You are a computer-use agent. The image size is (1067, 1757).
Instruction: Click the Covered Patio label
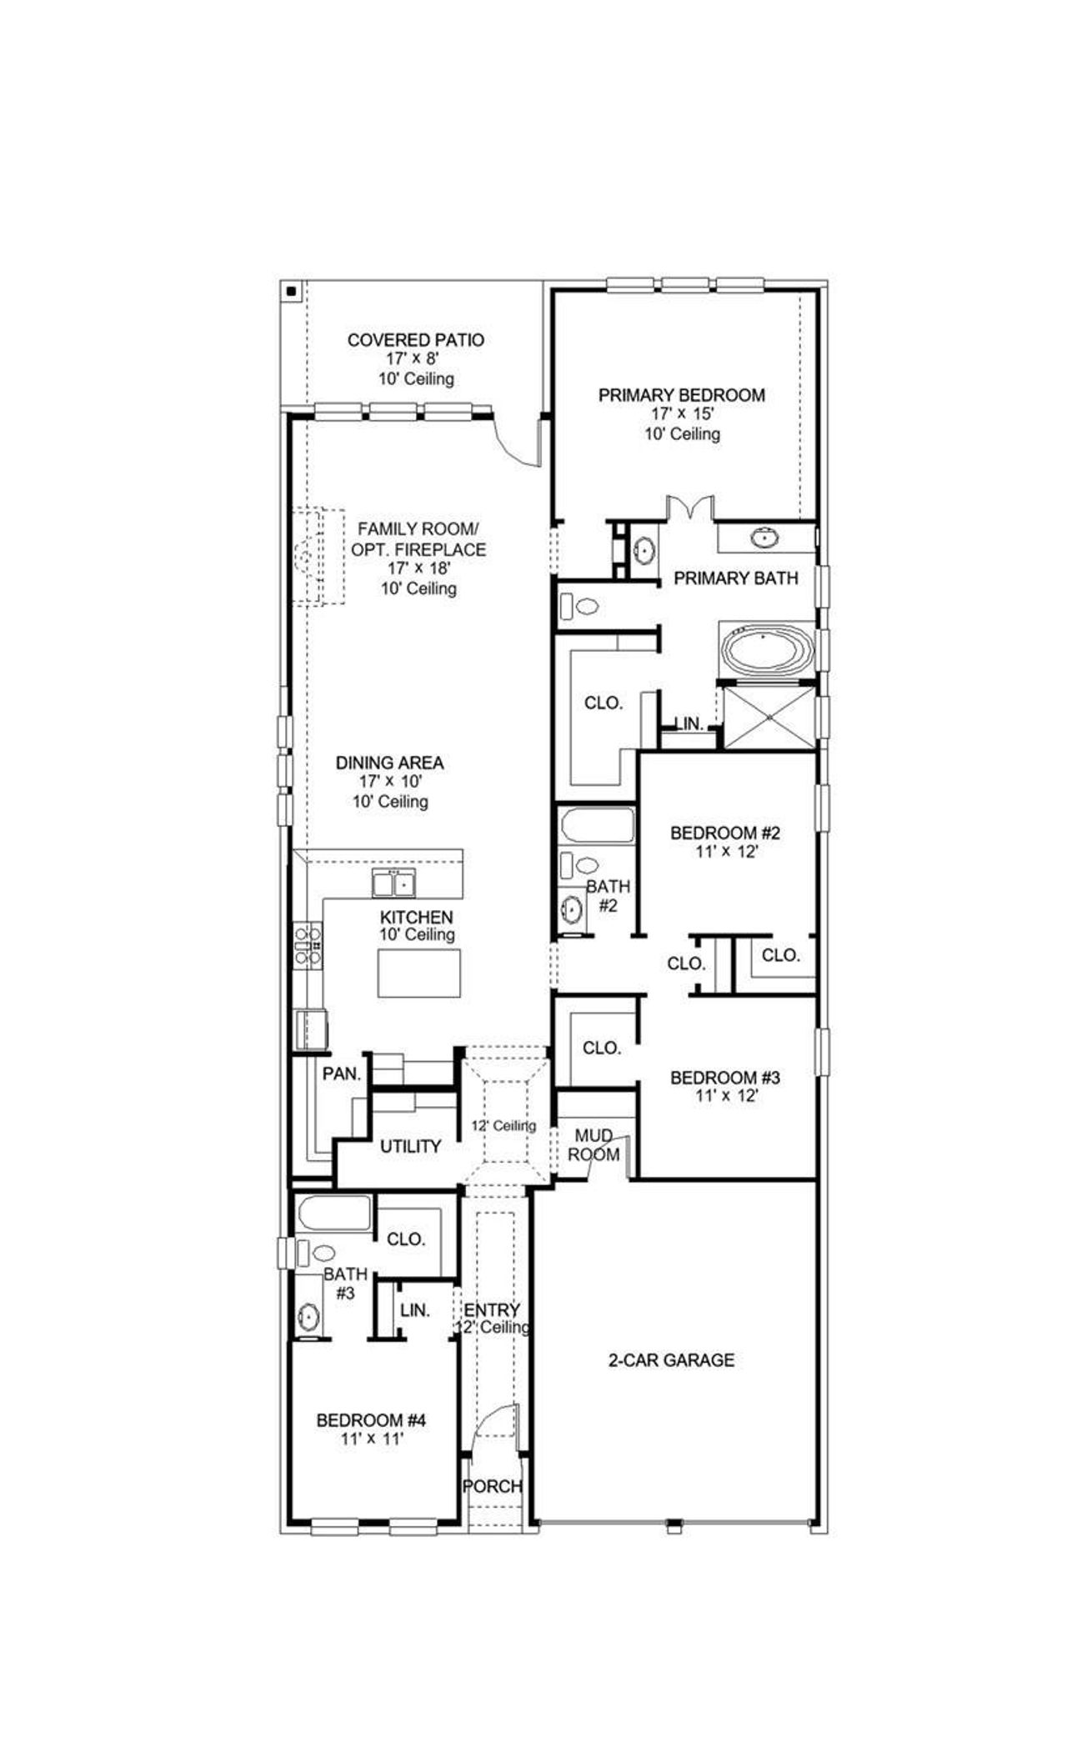click(415, 340)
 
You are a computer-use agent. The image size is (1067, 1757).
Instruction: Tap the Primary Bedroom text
click(681, 395)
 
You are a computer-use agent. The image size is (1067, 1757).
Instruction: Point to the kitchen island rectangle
click(418, 973)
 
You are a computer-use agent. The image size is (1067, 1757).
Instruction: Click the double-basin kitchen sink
click(393, 882)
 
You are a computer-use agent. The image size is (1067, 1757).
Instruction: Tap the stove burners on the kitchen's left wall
click(307, 945)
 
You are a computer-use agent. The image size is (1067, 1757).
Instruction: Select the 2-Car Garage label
click(671, 1360)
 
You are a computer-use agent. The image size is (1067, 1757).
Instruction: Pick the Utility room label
click(410, 1147)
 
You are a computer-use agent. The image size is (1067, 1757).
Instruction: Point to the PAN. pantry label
click(341, 1074)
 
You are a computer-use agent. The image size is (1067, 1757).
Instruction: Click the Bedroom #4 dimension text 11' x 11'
click(372, 1439)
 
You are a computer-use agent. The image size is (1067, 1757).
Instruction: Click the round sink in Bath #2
click(571, 909)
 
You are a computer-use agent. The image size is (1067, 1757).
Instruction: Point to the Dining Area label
click(389, 763)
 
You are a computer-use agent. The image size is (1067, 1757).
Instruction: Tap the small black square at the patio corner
click(291, 291)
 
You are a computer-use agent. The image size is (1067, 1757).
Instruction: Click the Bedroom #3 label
click(725, 1079)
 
